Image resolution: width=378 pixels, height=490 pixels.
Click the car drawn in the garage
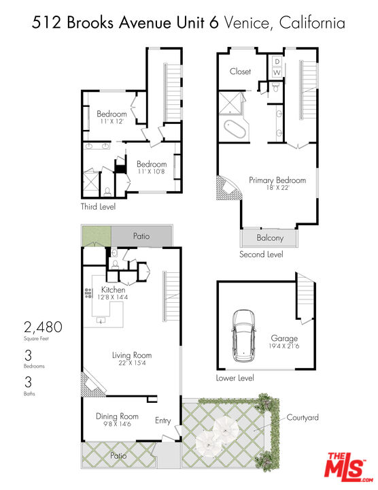pos(243,336)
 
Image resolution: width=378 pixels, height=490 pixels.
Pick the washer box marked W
pos(277,72)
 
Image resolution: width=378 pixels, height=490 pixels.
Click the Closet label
pos(240,71)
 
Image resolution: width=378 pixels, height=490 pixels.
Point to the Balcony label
pos(270,238)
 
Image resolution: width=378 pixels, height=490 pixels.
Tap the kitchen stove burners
pos(88,293)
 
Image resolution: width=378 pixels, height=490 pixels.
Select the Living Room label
pos(132,355)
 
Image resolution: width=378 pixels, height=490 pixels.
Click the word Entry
pos(162,421)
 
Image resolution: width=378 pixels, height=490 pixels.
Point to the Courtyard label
pos(303,417)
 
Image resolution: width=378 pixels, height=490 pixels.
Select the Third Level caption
pos(98,206)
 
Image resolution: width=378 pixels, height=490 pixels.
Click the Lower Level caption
pos(235,378)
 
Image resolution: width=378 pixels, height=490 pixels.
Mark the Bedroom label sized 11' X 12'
pos(111,114)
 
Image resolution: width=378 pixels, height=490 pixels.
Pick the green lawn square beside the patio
pos(94,236)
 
